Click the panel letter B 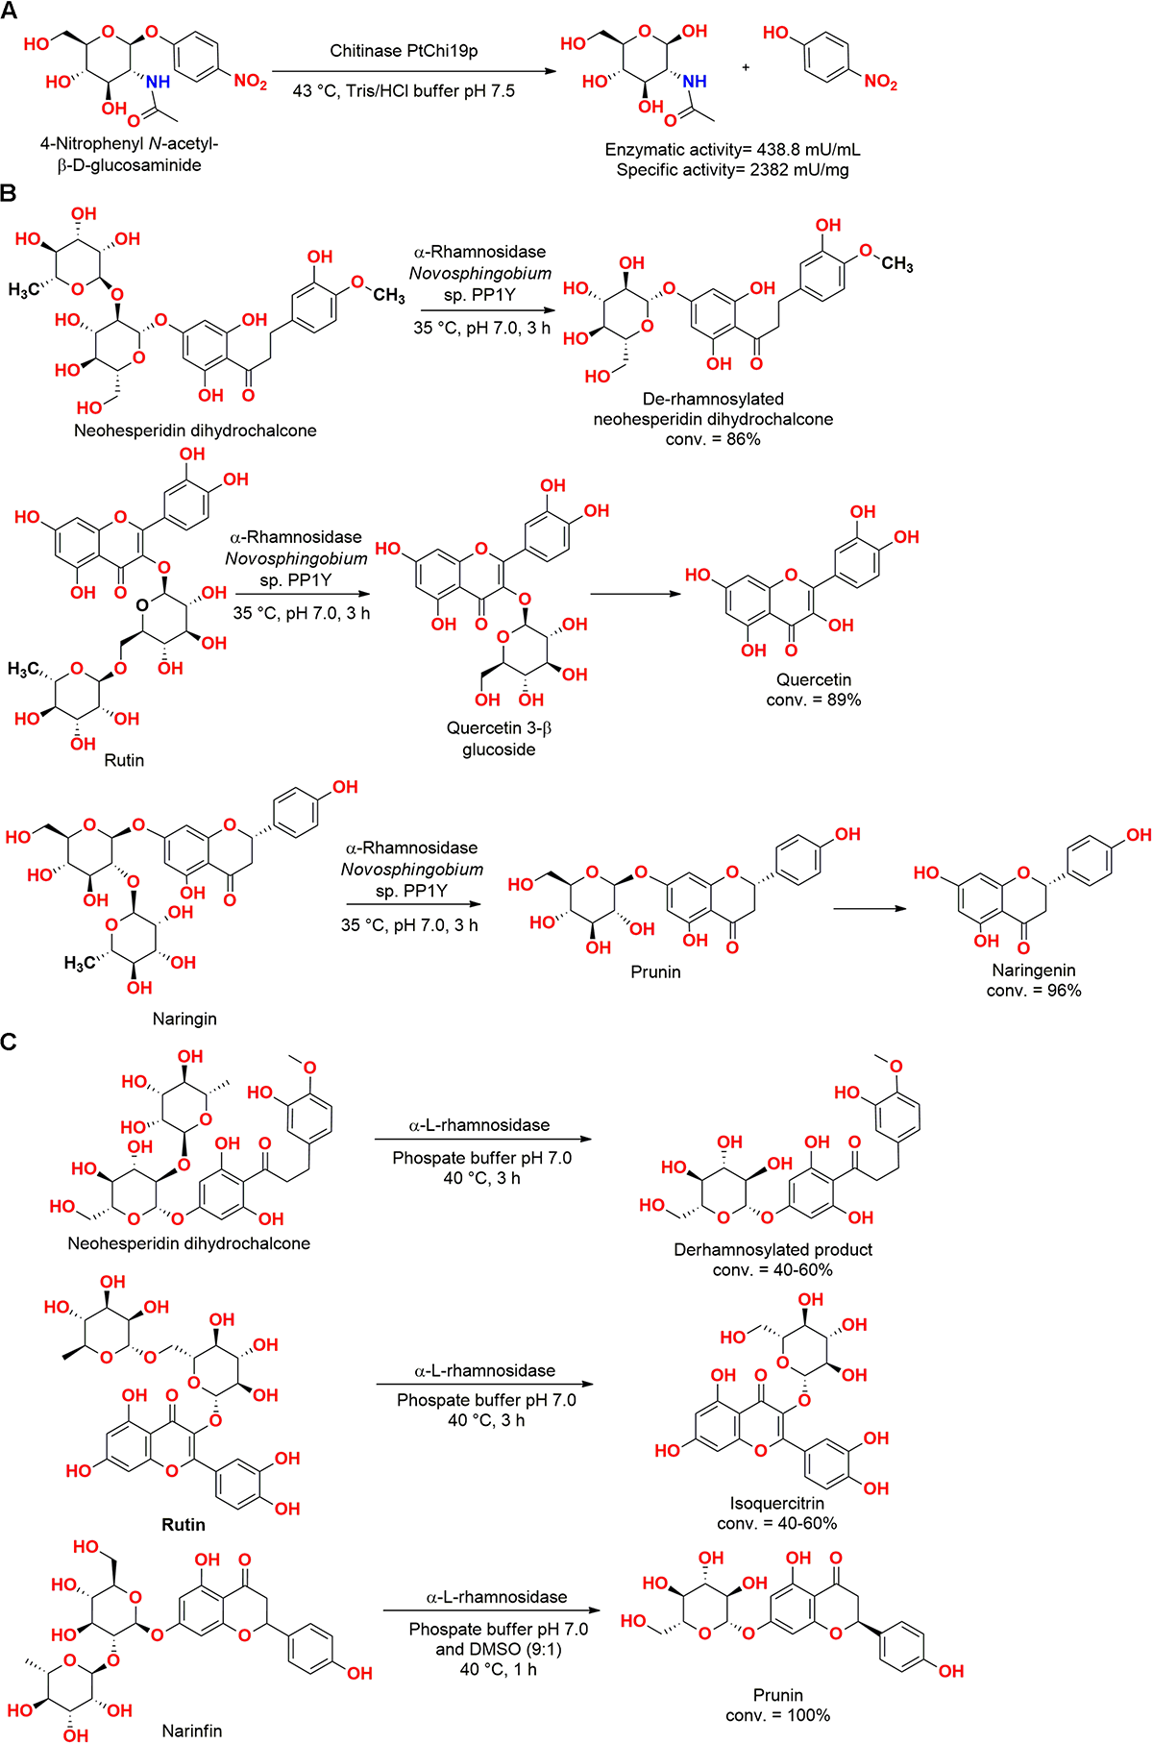[10, 193]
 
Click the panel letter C [10, 1042]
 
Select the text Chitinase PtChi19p [404, 51]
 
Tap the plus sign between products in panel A [746, 68]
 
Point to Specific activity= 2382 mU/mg [732, 170]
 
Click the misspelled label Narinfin [192, 1730]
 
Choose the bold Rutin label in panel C [184, 1524]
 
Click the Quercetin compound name [814, 679]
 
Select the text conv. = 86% [713, 439]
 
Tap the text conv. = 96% [1034, 991]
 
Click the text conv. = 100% [778, 1714]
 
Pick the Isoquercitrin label [776, 1503]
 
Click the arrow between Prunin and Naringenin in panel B [869, 908]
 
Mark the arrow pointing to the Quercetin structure [635, 594]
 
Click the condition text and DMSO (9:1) [498, 1649]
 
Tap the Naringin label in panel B [184, 1019]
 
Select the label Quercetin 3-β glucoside [499, 738]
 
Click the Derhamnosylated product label [773, 1249]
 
